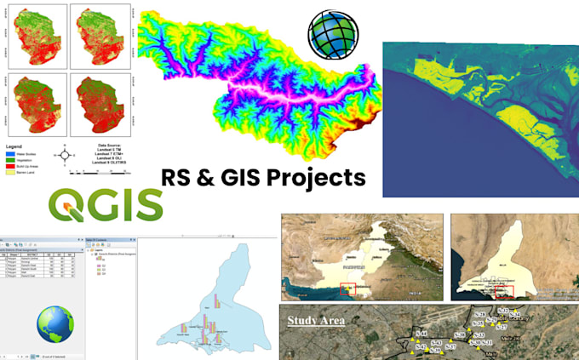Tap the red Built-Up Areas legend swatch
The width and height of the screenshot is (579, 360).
11,165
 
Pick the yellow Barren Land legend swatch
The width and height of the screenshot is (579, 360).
11,172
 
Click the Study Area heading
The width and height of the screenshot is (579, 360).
316,320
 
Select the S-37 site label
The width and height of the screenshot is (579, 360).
451,347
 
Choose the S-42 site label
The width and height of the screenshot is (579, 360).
421,346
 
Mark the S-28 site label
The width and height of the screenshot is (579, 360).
479,315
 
